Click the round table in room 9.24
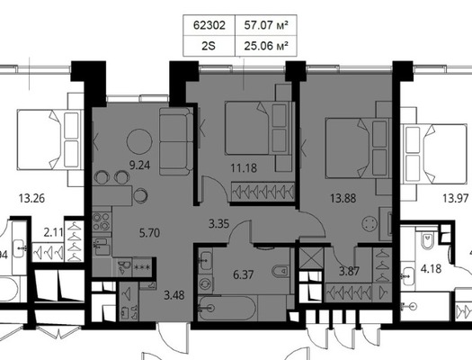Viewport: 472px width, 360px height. click(x=140, y=140)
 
